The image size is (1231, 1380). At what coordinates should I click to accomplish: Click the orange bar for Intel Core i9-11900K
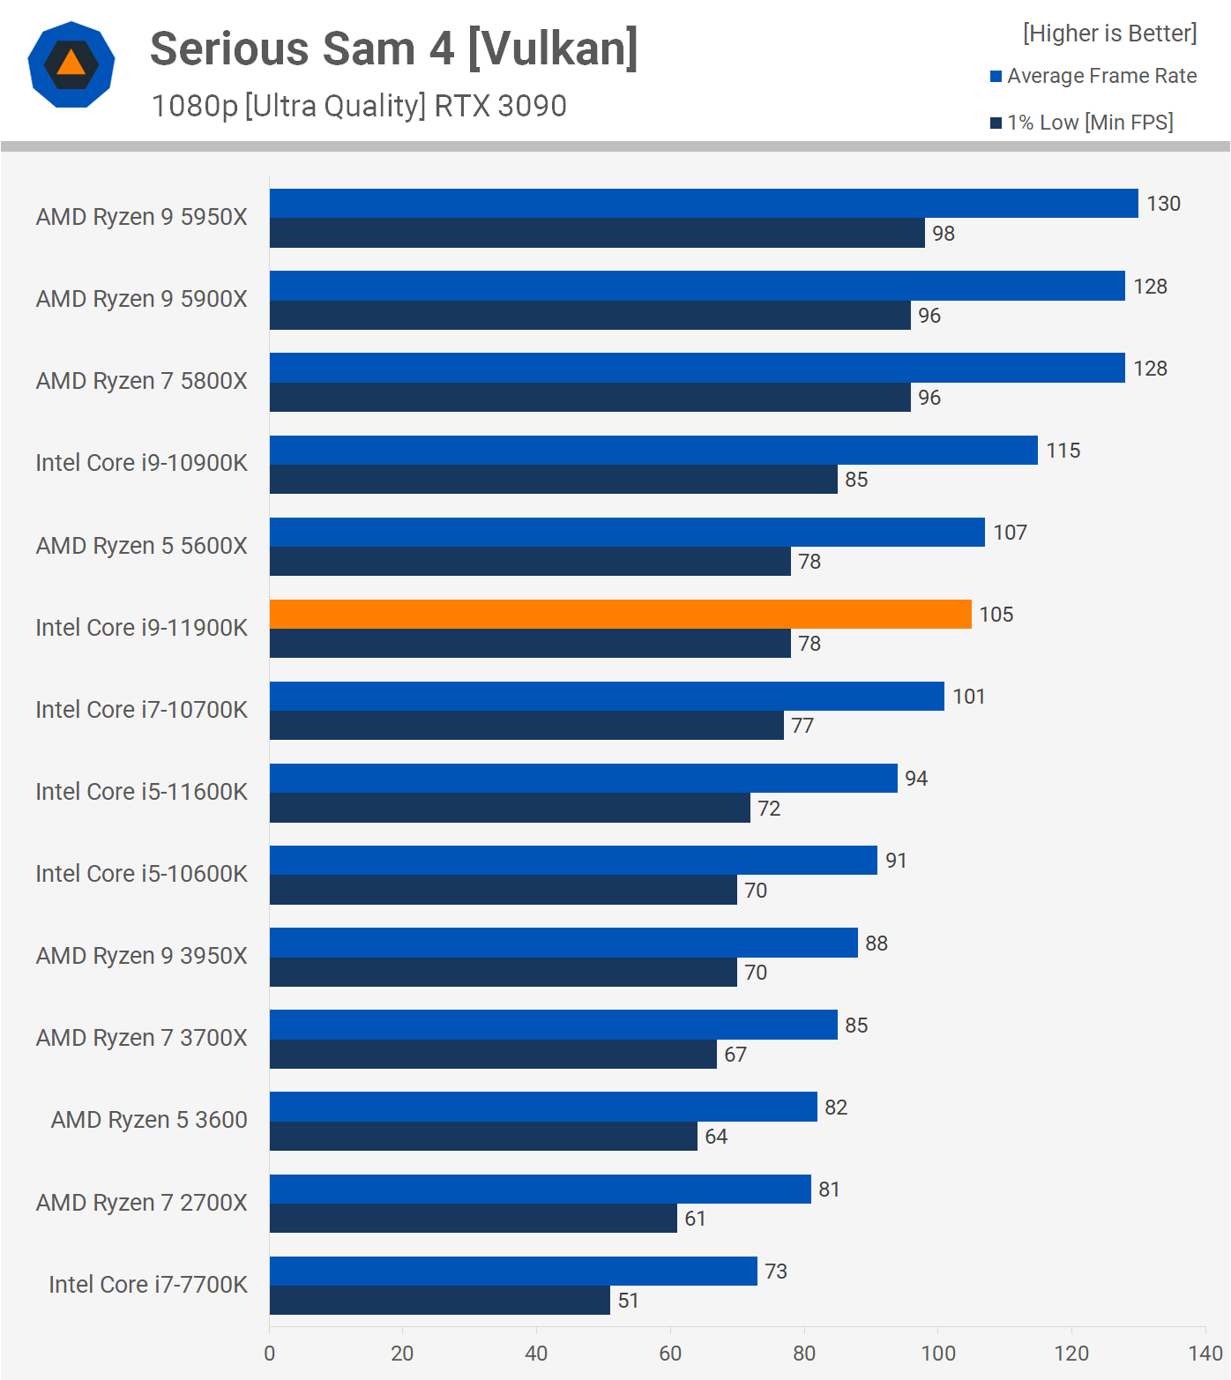click(x=620, y=615)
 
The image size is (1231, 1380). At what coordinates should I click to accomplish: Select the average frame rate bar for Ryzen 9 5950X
click(x=704, y=204)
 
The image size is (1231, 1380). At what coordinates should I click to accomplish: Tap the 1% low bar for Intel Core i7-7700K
click(x=439, y=1301)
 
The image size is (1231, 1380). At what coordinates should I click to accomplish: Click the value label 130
click(x=1163, y=204)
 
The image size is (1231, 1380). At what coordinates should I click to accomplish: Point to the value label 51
click(x=628, y=1301)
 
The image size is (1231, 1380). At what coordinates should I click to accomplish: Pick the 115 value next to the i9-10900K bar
click(x=1063, y=451)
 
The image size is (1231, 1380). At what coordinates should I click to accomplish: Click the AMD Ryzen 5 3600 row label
click(x=149, y=1120)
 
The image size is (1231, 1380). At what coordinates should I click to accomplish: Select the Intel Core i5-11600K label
click(x=141, y=792)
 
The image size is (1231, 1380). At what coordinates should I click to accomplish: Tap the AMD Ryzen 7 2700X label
click(x=141, y=1203)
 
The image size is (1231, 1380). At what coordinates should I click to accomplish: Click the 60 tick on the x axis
click(x=670, y=1354)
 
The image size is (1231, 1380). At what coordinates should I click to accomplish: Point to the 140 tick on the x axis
click(x=1205, y=1354)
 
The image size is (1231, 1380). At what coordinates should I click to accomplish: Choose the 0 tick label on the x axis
click(x=269, y=1354)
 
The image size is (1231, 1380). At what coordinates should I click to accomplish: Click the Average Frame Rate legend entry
click(x=1101, y=76)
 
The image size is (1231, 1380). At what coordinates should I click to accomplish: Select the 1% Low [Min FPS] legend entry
click(x=1090, y=123)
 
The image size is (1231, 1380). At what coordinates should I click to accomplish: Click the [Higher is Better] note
click(x=1109, y=34)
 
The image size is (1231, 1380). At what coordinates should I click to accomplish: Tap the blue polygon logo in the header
click(x=71, y=64)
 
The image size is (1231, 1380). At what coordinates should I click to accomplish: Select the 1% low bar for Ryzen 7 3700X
click(x=493, y=1055)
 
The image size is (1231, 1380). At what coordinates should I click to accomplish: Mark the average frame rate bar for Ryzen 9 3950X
click(x=563, y=943)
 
